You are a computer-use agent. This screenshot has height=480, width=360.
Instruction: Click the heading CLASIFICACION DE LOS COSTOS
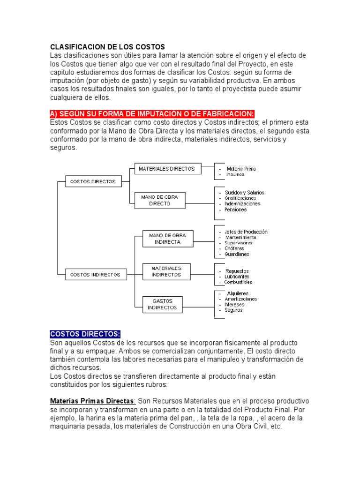(107, 47)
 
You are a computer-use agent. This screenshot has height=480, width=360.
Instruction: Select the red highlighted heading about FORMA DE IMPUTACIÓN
(152, 114)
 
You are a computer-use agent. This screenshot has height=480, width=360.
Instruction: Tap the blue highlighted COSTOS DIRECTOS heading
(85, 334)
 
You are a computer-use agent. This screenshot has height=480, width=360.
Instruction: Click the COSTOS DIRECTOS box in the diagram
(93, 181)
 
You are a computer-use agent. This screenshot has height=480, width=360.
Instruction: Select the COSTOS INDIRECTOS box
(95, 274)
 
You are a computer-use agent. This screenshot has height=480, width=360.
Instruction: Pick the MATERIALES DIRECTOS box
(168, 169)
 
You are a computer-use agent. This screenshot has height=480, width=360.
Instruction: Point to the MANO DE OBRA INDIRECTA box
(167, 239)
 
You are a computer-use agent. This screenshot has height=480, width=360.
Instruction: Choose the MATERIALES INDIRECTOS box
(166, 271)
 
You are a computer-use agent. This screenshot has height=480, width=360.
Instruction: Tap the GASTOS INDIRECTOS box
(162, 304)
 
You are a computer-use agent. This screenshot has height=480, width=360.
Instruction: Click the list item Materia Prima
(241, 169)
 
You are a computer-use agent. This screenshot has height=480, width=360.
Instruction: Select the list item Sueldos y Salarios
(244, 193)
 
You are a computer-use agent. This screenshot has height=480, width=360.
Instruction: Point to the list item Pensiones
(235, 210)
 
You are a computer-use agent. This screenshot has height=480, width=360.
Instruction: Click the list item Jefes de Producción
(246, 232)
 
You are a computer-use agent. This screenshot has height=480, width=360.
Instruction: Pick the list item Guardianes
(237, 254)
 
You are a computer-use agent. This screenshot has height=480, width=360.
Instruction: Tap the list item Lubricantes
(237, 277)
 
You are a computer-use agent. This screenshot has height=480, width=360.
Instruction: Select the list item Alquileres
(238, 293)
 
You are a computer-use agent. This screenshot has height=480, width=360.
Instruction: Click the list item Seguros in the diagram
(233, 310)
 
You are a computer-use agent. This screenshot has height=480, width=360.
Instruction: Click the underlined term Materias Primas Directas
(93, 401)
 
